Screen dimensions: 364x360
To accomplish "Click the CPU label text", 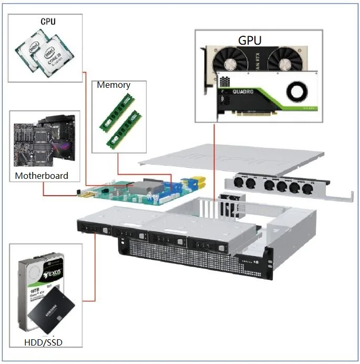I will pyautogui.click(x=48, y=22).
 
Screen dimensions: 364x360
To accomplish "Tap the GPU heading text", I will pyautogui.click(x=250, y=40).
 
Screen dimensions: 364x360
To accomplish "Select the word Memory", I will pyautogui.click(x=114, y=85).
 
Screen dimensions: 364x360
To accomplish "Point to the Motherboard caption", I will pyautogui.click(x=42, y=176).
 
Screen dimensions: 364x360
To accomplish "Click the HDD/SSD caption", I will pyautogui.click(x=44, y=343).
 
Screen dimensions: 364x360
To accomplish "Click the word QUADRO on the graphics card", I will pyautogui.click(x=243, y=92).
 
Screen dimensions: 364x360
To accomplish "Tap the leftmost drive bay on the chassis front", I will pyautogui.click(x=94, y=227).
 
